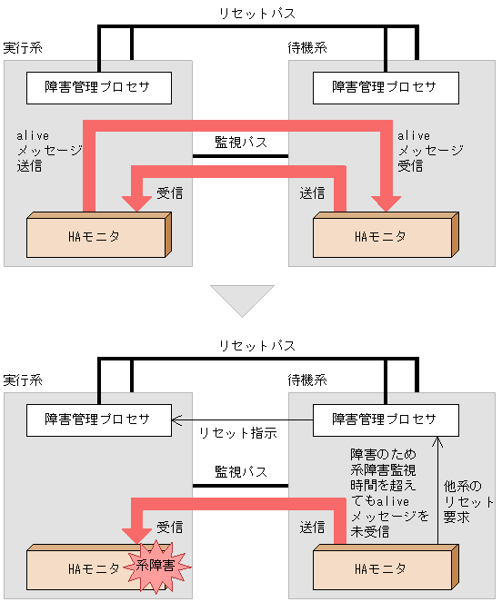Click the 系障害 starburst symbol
tap(161, 566)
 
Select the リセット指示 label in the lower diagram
tap(237, 433)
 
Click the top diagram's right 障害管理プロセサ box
tap(385, 87)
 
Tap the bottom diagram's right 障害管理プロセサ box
tap(385, 419)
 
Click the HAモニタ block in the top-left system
tap(94, 237)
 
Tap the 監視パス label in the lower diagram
tap(241, 472)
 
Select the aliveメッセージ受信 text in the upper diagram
tap(430, 151)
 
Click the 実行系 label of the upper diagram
tap(23, 47)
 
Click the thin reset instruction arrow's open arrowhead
tap(177, 419)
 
